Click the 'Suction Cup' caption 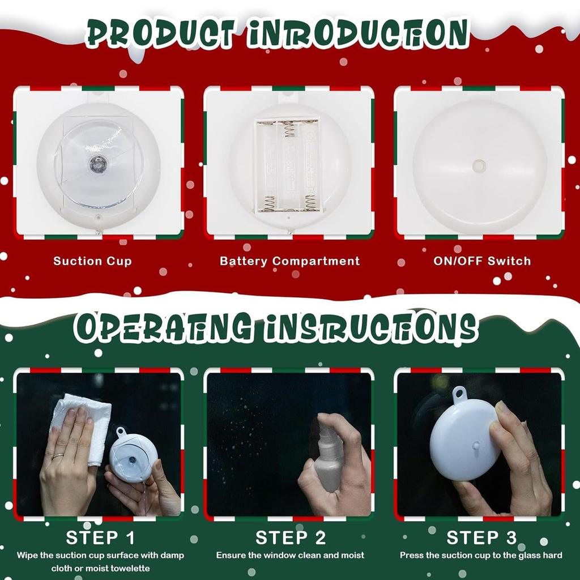point(92,261)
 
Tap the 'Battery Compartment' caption point(289,261)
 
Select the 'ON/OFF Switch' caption point(482,261)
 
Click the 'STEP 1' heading point(100,537)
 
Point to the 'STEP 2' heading point(291,537)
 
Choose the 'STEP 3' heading point(481,537)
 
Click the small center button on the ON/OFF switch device point(480,166)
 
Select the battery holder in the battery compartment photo point(287,166)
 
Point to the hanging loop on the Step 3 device point(459,393)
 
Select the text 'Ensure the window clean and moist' point(290,556)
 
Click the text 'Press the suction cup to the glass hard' point(481,556)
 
